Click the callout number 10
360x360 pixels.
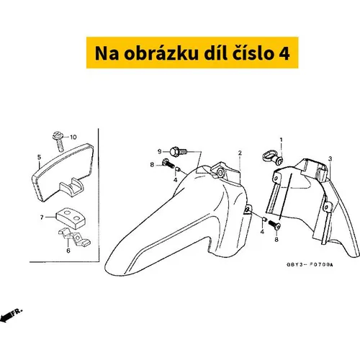coord(73,137)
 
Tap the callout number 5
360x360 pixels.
coord(39,157)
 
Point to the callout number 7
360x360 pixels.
coord(42,217)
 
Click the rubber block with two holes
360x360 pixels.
coord(71,218)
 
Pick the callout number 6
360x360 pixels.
coord(68,251)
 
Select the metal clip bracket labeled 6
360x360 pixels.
coord(75,237)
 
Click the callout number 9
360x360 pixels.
coord(160,151)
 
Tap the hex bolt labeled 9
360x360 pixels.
coord(178,151)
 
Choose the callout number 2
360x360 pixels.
coord(240,153)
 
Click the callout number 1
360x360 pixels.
coord(282,140)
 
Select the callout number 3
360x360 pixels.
coord(330,158)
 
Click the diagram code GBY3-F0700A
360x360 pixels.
coord(310,265)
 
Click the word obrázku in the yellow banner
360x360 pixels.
coord(161,53)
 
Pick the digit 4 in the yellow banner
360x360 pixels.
coord(284,53)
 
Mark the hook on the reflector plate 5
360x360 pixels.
coord(71,186)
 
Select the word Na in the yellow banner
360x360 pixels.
coord(107,53)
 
